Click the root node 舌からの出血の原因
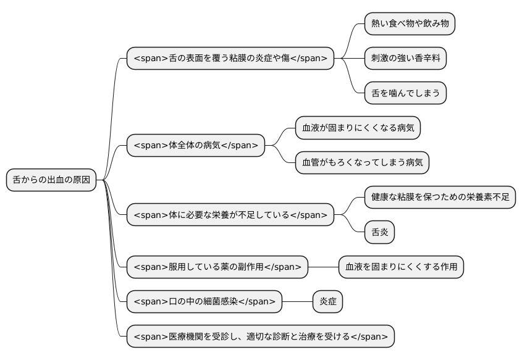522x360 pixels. coord(51,180)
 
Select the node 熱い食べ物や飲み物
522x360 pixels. coord(410,23)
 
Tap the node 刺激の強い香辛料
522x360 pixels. coord(405,58)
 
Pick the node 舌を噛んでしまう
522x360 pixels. coord(405,93)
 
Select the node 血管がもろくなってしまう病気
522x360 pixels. coord(362,163)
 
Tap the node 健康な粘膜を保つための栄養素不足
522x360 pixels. coord(440,198)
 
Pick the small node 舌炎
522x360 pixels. coord(379,232)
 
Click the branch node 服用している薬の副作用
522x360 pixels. coord(217,267)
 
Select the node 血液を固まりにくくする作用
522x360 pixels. coord(401,267)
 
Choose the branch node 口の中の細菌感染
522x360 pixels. coord(204,301)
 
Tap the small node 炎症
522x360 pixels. coord(327,301)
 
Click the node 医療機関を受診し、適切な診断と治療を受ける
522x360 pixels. coord(261,336)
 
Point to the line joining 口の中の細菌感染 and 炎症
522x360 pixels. coord(298,301)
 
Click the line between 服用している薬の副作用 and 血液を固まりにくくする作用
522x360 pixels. coord(323,267)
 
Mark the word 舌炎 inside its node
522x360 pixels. coord(379,232)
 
